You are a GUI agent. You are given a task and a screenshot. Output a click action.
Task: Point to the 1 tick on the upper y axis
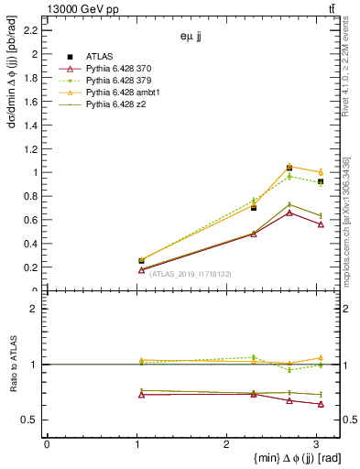point(36,172)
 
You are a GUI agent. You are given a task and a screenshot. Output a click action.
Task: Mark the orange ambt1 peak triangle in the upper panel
point(289,167)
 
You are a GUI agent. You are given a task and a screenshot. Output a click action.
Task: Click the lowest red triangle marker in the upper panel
point(141,269)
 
